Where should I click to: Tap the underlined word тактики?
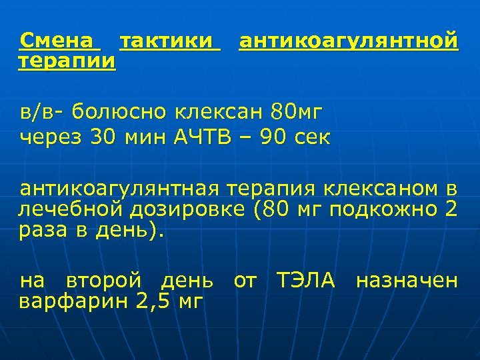[169, 41]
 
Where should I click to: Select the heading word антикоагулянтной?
[348, 41]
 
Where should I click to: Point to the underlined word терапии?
[67, 61]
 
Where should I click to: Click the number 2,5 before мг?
[153, 301]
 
